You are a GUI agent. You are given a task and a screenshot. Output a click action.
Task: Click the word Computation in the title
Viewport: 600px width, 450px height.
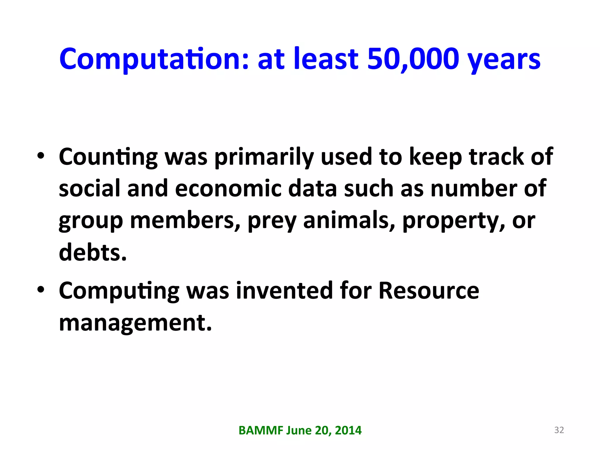point(154,59)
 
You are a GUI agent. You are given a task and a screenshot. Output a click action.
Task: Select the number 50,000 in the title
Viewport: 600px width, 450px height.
point(413,59)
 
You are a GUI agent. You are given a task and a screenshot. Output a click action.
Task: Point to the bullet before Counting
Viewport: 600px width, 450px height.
point(41,156)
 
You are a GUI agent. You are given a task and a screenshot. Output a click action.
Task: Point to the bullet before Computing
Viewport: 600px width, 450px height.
point(41,289)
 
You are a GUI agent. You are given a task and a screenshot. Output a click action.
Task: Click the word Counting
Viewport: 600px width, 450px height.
point(108,157)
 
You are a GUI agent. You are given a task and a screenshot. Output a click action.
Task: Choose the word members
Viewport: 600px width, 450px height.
point(185,220)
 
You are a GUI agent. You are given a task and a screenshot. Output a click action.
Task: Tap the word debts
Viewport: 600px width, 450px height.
point(93,252)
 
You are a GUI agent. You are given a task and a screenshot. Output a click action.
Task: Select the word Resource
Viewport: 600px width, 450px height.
point(429,291)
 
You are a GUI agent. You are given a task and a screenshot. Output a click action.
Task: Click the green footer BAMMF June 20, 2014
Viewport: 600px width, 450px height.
point(300,430)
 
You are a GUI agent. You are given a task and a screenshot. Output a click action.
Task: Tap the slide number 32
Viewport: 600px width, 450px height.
point(559,430)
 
